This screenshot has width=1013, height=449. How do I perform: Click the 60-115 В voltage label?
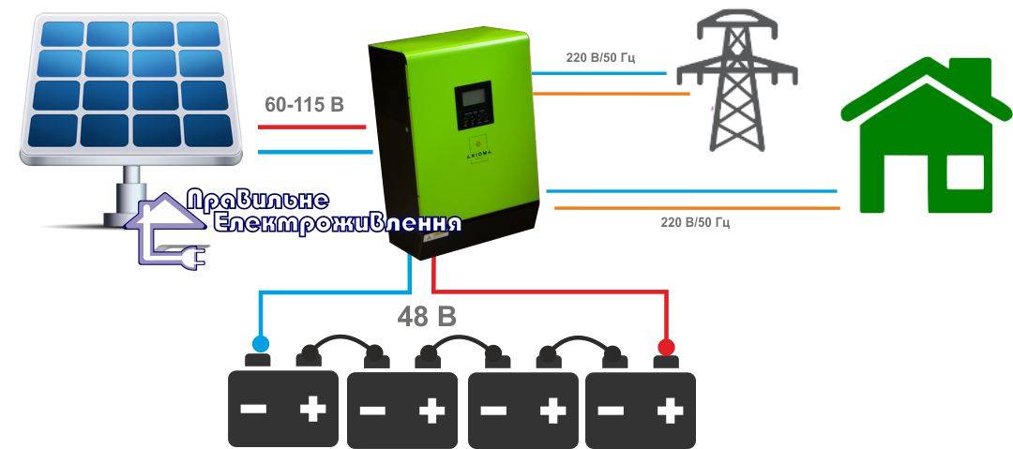click(304, 105)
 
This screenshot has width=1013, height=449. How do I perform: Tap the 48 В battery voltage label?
click(427, 317)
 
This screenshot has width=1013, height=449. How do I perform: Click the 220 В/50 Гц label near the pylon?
click(601, 58)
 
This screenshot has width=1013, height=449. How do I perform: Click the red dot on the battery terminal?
click(666, 348)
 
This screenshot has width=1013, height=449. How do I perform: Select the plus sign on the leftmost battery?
click(312, 411)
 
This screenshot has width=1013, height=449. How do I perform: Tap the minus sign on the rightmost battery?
click(612, 411)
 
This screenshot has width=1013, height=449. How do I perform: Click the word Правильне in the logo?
click(258, 200)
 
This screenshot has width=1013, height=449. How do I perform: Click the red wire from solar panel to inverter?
click(310, 125)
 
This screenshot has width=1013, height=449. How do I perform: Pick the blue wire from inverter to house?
click(690, 190)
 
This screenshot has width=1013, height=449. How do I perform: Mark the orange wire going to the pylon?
click(605, 94)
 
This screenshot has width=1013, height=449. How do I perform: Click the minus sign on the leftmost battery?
click(253, 411)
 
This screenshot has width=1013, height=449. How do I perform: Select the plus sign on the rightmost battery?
click(670, 411)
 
